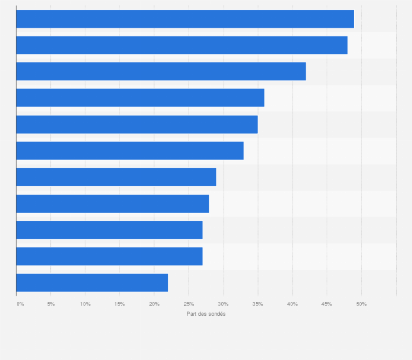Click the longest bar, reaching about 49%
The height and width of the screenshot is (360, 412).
click(185, 19)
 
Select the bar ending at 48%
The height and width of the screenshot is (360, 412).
click(181, 45)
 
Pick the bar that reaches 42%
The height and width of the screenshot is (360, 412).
click(161, 71)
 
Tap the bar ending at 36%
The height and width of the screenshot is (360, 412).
click(140, 98)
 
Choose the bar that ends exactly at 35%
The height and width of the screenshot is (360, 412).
click(137, 124)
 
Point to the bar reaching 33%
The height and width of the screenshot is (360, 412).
click(130, 150)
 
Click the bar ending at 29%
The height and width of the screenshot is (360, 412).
click(116, 177)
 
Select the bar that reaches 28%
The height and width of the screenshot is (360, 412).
click(113, 203)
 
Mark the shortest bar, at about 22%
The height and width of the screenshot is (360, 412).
click(92, 282)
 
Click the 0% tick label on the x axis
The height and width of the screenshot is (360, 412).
click(20, 304)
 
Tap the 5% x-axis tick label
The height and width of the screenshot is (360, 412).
click(51, 304)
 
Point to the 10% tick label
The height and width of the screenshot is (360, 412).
click(85, 304)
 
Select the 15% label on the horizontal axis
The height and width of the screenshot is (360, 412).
click(120, 304)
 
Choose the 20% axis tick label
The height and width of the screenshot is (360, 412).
click(154, 304)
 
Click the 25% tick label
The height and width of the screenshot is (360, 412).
click(189, 304)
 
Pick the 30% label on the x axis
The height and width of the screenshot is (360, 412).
click(223, 304)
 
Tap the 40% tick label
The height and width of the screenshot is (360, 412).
click(292, 304)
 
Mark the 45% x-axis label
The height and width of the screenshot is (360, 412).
click(327, 304)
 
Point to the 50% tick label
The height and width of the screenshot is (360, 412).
click(361, 304)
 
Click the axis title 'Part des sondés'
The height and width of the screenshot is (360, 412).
click(206, 314)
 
